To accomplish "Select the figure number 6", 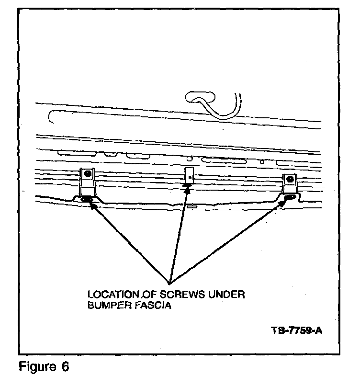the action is point(65,368).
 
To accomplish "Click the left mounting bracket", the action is point(87,184).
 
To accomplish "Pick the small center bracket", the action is point(189,176).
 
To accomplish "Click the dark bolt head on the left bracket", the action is point(87,175).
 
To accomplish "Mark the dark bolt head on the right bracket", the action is point(290,180).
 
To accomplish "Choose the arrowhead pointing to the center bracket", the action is point(187,187).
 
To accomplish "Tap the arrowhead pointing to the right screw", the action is point(284,202).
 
